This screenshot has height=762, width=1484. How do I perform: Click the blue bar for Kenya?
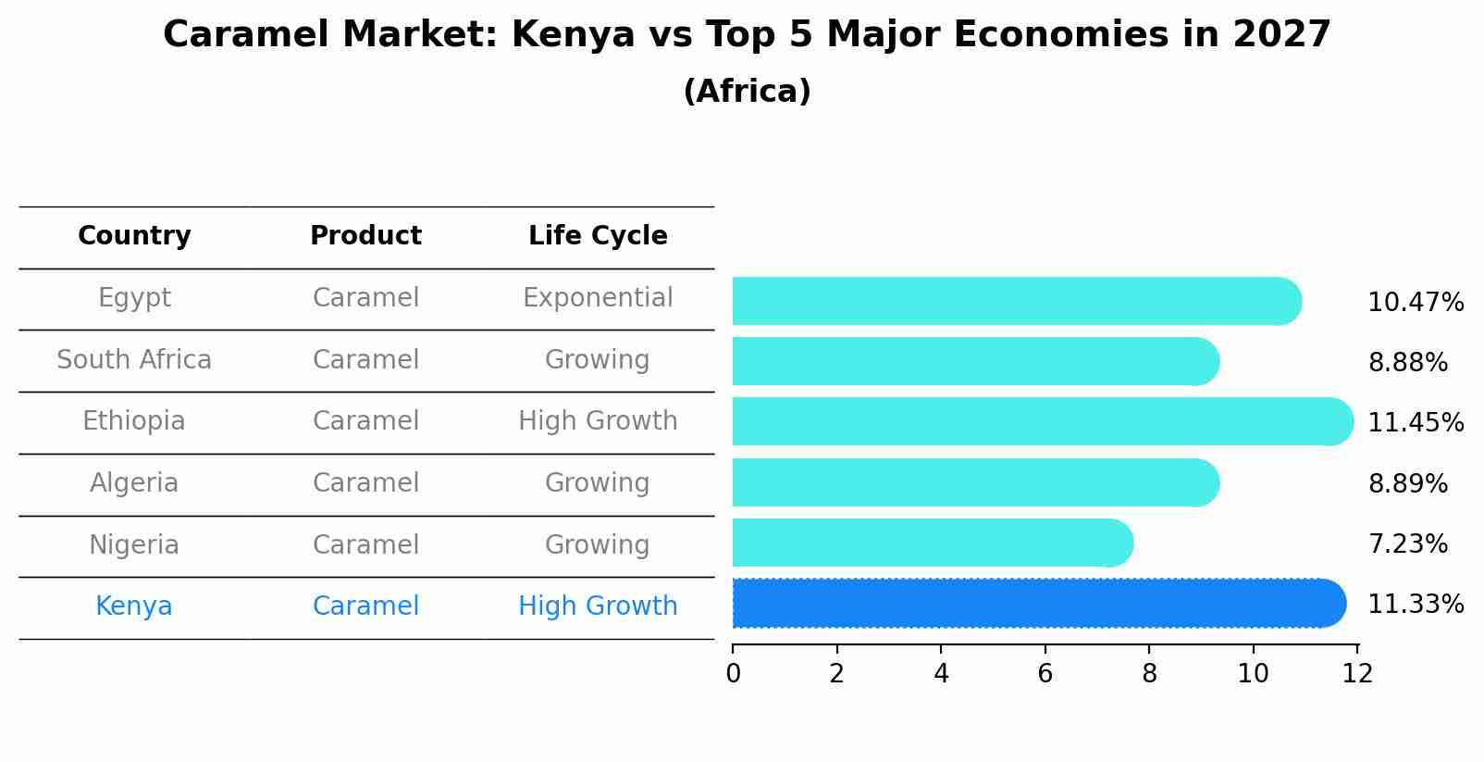1036,604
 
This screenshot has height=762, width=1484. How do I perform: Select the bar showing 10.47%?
1016,301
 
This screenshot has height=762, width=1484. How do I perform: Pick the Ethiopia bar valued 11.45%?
1042,421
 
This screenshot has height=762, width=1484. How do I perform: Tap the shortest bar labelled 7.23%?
932,543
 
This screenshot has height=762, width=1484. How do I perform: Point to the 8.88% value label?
1407,363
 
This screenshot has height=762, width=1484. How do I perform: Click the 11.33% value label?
1415,605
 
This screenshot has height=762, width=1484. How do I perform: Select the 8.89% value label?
1407,484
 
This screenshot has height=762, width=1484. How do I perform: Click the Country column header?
134,236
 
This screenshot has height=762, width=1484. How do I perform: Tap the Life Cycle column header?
598,236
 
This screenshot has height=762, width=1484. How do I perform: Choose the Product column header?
365,236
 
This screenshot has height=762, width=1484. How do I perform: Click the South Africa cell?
134,360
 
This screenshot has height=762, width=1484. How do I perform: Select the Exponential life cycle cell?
598,298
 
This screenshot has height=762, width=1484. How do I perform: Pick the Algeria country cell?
134,483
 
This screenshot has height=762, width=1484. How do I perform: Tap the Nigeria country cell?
134,545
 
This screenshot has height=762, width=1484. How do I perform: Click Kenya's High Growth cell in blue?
598,606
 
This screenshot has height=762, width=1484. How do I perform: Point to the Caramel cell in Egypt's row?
365,298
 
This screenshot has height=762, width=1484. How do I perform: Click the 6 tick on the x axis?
1045,674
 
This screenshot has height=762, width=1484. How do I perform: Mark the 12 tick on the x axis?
1357,674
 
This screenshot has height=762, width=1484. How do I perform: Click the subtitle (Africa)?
747,92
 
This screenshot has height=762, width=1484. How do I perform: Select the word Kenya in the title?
573,35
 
